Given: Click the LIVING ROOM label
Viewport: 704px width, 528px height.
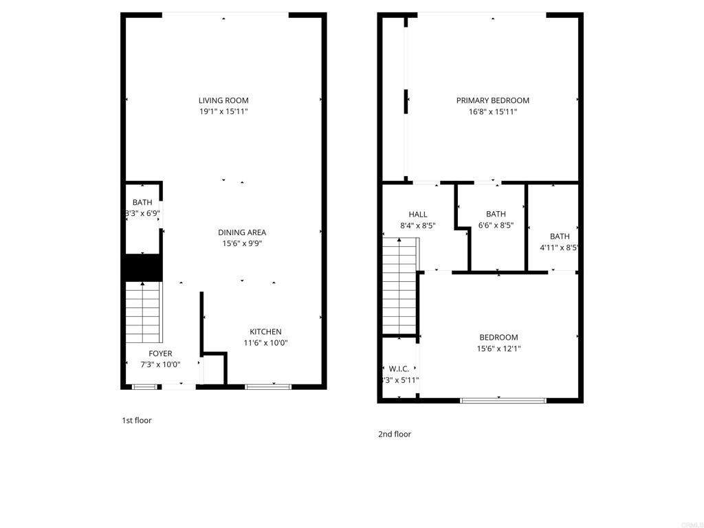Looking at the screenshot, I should coord(223,100).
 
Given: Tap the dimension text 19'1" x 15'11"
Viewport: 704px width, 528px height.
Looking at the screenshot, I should coord(223,111).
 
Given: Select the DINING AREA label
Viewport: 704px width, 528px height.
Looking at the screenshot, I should coord(242,232).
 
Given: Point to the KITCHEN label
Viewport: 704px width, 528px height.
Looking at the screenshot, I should coord(265,332).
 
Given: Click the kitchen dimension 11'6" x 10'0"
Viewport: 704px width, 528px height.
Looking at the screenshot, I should coord(265,343).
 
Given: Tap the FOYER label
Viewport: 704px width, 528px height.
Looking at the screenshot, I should coord(160,354).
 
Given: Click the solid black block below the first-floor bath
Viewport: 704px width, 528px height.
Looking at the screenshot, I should coord(142,267).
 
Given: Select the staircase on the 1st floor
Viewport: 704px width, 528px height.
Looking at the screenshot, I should coord(143,313).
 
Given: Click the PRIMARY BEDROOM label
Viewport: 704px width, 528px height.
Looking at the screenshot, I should coord(492,100).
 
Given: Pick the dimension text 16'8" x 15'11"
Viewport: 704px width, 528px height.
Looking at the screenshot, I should coord(492,111).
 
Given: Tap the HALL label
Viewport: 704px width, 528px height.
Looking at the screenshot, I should coord(418,214).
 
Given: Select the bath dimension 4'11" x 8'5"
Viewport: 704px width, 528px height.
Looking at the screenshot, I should coord(560,248).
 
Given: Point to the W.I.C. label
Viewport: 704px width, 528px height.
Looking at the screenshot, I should coord(399,369).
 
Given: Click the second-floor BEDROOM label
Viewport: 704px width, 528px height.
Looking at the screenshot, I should coord(498,338).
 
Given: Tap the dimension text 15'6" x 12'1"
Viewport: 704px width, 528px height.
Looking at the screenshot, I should coord(498,349).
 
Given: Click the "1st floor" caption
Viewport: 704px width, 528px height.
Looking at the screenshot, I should coord(137,420).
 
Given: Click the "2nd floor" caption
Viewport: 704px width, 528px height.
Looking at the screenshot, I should coord(395,434).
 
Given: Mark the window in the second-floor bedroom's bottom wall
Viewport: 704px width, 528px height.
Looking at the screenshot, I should coord(503,399).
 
